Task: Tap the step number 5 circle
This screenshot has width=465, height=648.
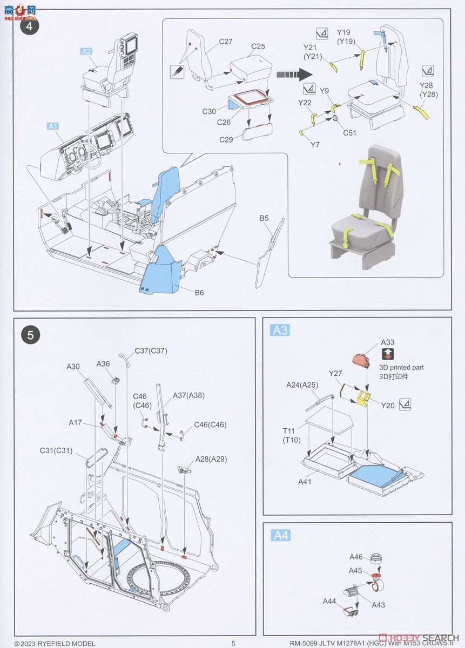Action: tap(30, 335)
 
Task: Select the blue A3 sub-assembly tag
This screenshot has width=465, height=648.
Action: tap(280, 330)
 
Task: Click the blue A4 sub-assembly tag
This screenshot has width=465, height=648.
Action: tap(280, 535)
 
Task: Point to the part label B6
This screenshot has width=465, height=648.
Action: tap(200, 293)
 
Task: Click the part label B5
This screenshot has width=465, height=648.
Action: tap(264, 218)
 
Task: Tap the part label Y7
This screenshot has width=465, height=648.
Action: tap(315, 144)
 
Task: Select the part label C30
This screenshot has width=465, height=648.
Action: tap(210, 111)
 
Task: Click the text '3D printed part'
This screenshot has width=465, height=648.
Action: tap(401, 367)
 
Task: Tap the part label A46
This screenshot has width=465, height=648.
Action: tap(355, 557)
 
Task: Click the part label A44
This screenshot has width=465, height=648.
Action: tap(329, 601)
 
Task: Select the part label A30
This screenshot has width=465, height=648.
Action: tap(73, 367)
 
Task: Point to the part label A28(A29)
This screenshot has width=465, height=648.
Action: tap(211, 459)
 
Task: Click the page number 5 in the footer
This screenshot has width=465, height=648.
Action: tap(233, 643)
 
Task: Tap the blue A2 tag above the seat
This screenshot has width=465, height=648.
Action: tap(86, 51)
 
